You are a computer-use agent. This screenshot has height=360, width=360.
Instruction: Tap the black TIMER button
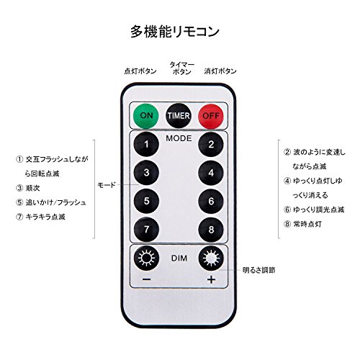tap(179, 116)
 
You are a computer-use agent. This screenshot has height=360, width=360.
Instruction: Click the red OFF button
tap(211, 116)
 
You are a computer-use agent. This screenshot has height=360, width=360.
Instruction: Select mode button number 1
tap(146, 144)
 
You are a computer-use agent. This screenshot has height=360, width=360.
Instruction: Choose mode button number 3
tap(146, 173)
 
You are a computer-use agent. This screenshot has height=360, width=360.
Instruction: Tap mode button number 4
tap(211, 173)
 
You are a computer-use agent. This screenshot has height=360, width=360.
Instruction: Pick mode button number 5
tap(146, 201)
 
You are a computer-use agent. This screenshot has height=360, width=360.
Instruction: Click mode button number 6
tap(211, 201)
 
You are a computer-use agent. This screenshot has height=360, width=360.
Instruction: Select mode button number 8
tap(211, 230)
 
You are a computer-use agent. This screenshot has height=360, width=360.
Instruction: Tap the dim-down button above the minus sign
tap(146, 258)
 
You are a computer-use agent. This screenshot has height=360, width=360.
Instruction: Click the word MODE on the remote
tap(179, 138)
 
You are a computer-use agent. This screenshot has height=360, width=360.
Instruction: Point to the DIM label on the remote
tap(179, 258)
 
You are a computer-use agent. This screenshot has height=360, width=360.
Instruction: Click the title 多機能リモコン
tap(175, 32)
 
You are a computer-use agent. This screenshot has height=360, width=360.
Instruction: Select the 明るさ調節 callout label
tap(258, 270)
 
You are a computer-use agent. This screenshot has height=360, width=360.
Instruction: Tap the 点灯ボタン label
tap(140, 71)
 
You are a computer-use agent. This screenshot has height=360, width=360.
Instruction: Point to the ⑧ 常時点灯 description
tap(302, 224)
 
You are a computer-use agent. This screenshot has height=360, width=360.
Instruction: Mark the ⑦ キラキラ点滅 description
tap(40, 217)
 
